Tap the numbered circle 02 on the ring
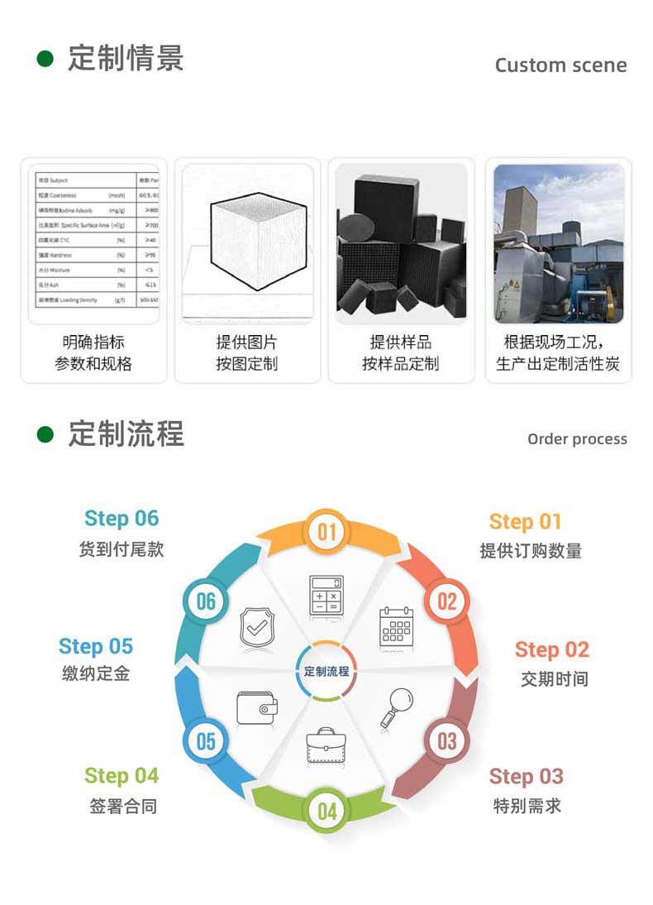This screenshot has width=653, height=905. pyautogui.click(x=446, y=600)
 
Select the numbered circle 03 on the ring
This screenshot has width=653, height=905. pyautogui.click(x=446, y=740)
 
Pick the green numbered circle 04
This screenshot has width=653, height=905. pyautogui.click(x=327, y=811)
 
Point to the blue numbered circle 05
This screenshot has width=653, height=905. pyautogui.click(x=206, y=740)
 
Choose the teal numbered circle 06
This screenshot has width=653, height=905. pyautogui.click(x=206, y=601)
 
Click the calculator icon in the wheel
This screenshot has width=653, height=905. pyautogui.click(x=326, y=596)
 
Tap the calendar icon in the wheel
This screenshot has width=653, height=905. pyautogui.click(x=396, y=626)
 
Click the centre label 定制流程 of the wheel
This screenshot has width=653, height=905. pyautogui.click(x=326, y=671)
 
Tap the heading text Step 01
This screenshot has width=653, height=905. pyautogui.click(x=525, y=522)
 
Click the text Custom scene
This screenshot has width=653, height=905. pyautogui.click(x=560, y=65)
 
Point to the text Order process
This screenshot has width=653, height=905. pyautogui.click(x=577, y=439)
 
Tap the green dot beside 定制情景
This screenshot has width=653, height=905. pyautogui.click(x=45, y=59)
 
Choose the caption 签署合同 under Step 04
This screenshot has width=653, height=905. pyautogui.click(x=122, y=806)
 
